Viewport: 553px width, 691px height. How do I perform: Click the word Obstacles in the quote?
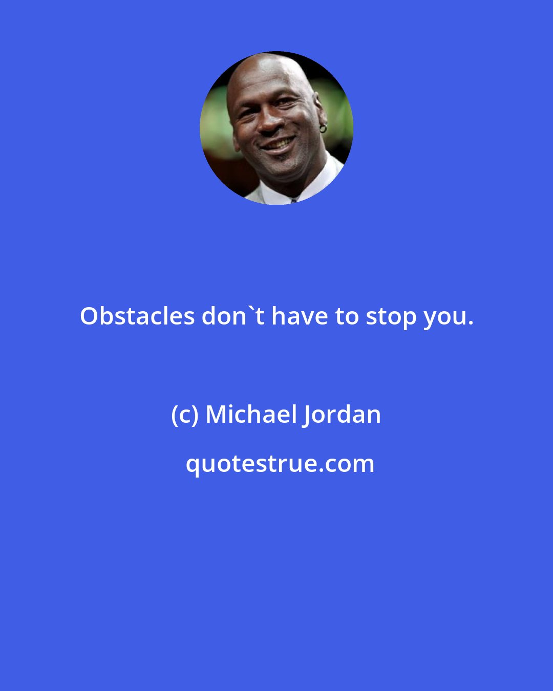click(x=137, y=317)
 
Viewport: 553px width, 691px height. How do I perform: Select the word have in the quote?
click(x=300, y=317)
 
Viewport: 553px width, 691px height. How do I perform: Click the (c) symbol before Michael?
click(x=185, y=415)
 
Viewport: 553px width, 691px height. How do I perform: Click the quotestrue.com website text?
click(x=280, y=464)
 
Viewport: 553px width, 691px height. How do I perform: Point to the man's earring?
click(x=323, y=128)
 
